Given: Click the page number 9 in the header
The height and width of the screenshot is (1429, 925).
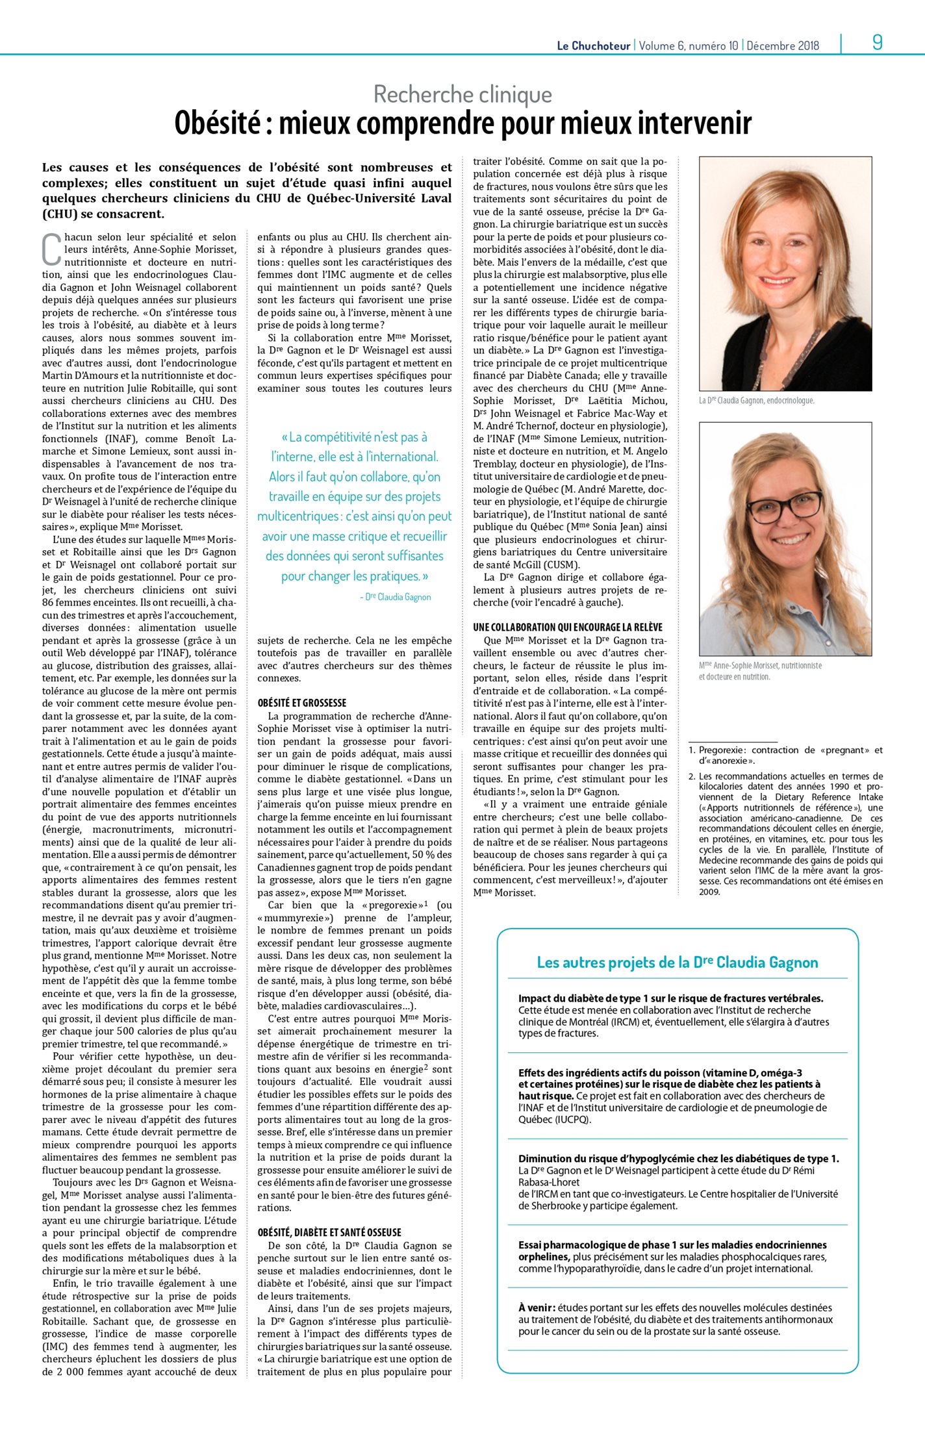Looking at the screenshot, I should [877, 43].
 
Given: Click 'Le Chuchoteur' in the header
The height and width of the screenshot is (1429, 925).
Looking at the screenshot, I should [593, 45].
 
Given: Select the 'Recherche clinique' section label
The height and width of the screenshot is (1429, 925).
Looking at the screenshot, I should [463, 95].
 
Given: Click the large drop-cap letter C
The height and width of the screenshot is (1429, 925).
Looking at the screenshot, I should [51, 250].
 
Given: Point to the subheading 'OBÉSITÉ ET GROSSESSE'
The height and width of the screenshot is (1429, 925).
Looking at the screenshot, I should [301, 703].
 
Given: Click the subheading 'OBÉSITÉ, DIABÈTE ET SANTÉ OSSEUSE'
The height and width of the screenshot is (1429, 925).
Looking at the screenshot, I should [329, 1232].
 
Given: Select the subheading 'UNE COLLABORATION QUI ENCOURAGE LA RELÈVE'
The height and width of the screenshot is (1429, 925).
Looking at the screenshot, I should [567, 627].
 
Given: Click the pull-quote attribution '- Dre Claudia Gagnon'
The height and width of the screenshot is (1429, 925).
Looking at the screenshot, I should [395, 596].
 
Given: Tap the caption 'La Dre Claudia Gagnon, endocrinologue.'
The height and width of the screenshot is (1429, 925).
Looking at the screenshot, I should [756, 400].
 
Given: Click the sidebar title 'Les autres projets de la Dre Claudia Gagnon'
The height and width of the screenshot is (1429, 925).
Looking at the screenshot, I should [677, 962].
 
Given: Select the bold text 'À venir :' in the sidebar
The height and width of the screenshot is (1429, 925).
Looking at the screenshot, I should [537, 1308].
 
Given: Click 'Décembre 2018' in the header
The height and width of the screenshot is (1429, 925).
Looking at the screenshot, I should [783, 45].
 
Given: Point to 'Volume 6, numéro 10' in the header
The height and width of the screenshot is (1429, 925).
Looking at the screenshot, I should [689, 45].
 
